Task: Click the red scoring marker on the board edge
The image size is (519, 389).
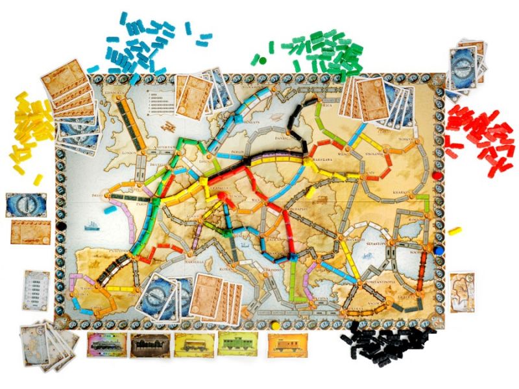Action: click(436, 175)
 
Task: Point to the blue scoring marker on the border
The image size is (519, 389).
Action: click(439, 248)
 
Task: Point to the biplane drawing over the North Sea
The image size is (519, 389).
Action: click(170, 125)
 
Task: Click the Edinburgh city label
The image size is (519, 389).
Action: click(115, 93)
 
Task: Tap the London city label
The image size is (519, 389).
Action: click(130, 153)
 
